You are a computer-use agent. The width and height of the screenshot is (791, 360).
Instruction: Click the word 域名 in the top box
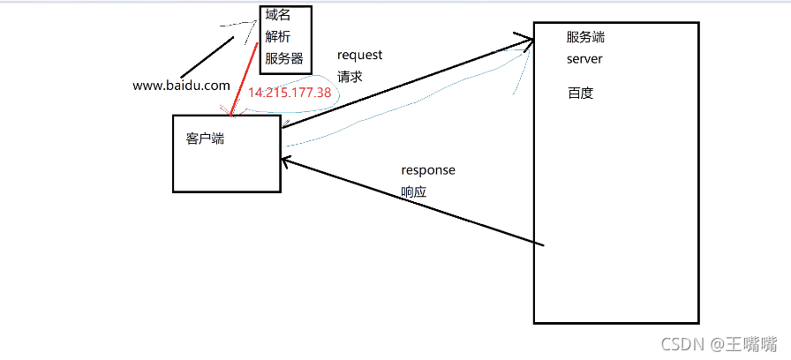(x=277, y=15)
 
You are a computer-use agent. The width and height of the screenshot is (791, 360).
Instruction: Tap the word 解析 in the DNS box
(x=277, y=37)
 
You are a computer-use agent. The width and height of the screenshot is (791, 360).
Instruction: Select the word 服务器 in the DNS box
(x=284, y=59)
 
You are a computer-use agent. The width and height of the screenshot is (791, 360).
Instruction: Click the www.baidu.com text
(x=181, y=86)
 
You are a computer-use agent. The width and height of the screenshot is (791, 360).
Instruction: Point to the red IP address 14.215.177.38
(x=290, y=93)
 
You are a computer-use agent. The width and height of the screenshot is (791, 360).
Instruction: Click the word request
(x=359, y=55)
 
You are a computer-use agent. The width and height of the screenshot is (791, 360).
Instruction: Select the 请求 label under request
(x=350, y=76)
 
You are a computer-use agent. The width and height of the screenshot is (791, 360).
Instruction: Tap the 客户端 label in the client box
(x=205, y=139)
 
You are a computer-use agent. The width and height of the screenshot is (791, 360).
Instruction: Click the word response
(x=428, y=169)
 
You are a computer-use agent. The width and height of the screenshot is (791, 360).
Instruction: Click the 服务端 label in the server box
(x=586, y=38)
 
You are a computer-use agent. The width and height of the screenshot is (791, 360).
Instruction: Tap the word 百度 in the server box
(x=580, y=93)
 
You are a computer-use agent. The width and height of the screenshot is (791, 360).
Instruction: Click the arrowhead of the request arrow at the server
(x=528, y=39)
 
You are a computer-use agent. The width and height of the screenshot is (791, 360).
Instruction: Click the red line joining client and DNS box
(x=245, y=79)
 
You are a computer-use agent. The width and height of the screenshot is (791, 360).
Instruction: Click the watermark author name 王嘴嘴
(x=751, y=342)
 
